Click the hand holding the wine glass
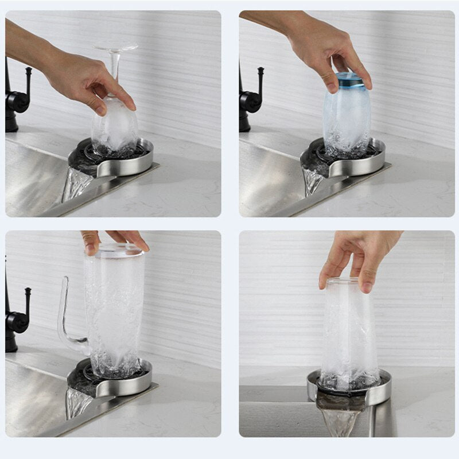point(86,80)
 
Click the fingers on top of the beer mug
point(115,238)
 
